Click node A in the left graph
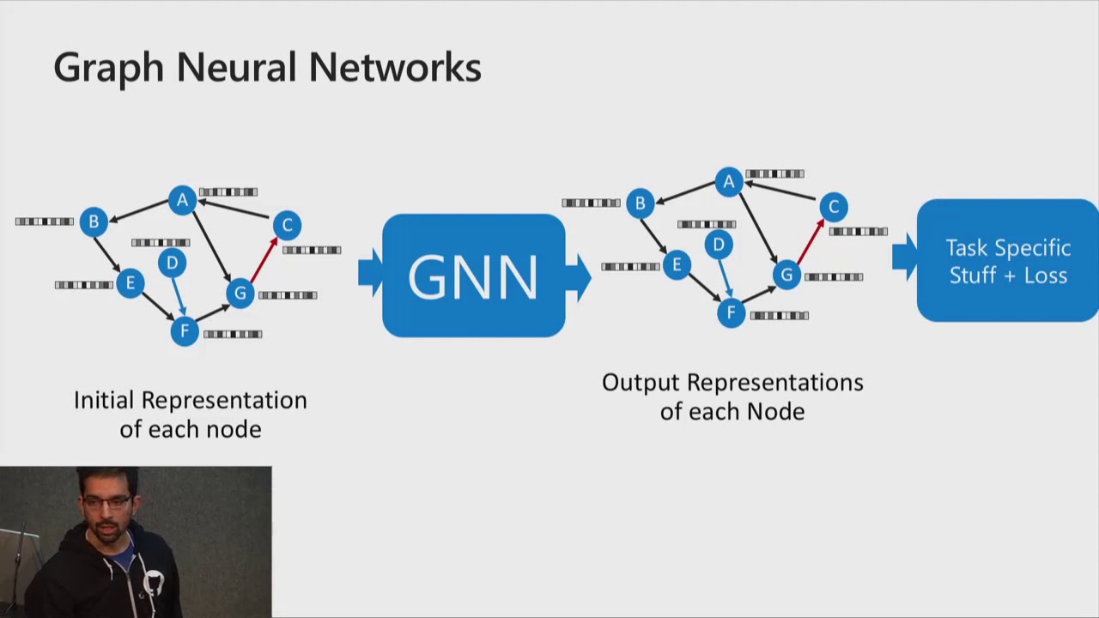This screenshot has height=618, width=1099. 182,201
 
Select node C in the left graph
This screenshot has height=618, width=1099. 287,225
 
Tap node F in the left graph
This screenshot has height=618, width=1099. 185,331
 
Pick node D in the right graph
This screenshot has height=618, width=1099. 719,245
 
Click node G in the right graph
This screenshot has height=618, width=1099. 786,275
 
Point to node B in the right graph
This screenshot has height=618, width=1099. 640,203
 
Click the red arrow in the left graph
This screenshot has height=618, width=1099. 264,259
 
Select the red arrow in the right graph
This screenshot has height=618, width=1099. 810,241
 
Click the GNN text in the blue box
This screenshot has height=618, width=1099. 473,276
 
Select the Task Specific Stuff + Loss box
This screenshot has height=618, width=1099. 1007,261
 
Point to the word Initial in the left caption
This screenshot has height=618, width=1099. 104,401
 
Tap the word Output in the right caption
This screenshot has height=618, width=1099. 639,383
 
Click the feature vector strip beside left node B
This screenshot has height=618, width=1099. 45,221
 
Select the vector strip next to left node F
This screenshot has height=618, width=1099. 233,334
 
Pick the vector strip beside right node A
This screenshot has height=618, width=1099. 774,173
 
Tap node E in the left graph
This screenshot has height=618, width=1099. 130,283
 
